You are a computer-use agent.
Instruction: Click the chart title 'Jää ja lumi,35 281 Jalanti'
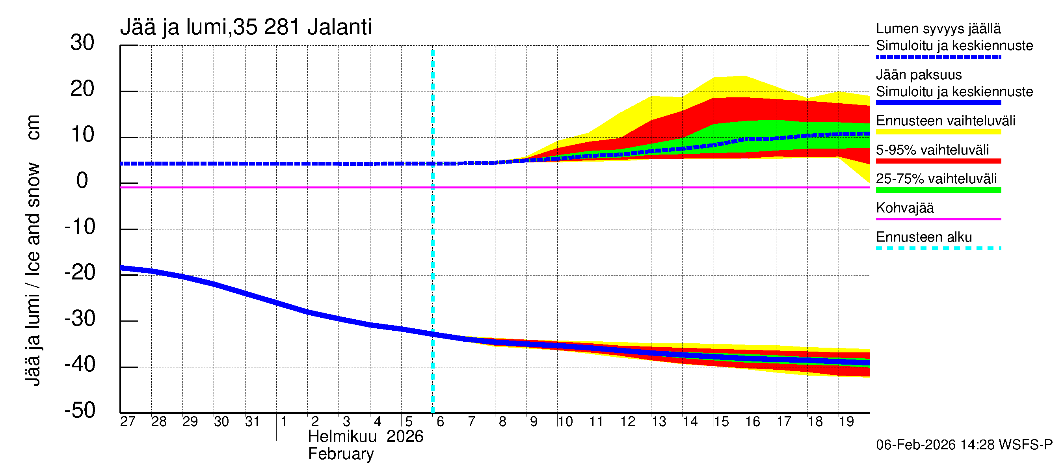point(246,27)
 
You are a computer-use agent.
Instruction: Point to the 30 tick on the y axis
point(82,43)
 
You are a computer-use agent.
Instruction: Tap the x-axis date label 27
point(128,421)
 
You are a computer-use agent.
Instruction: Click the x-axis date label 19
point(846,421)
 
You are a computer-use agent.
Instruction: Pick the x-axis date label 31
point(252,421)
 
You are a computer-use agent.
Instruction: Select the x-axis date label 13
point(659,421)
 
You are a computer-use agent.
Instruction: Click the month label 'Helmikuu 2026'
point(366,437)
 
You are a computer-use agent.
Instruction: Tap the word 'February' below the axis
point(341,454)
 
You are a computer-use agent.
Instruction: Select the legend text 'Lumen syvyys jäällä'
point(938,29)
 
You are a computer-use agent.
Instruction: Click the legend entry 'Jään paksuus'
point(919,75)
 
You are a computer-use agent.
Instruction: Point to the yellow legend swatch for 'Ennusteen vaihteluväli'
point(938,132)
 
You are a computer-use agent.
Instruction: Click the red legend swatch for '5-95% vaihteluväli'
point(938,161)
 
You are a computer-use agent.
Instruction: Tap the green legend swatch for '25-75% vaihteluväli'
point(938,190)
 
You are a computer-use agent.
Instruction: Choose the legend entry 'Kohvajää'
point(905,208)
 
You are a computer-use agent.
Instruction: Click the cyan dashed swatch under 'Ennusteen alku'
point(938,248)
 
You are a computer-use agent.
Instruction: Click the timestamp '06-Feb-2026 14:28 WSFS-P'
point(964,445)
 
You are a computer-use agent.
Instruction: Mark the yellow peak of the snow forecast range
point(745,76)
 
